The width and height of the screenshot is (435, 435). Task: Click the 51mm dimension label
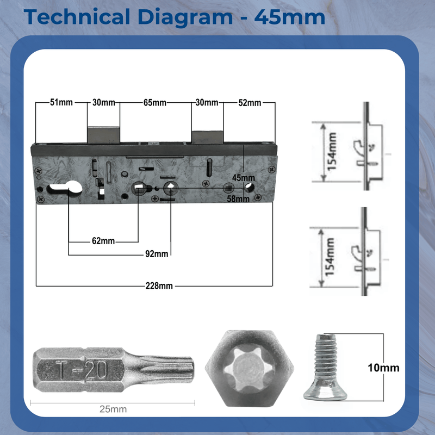click(61, 103)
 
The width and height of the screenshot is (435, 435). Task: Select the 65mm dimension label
click(155, 103)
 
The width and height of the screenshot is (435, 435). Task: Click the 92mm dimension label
click(157, 254)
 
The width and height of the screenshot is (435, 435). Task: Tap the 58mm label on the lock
click(238, 199)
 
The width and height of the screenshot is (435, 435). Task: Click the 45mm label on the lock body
click(243, 178)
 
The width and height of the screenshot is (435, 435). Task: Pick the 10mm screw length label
click(383, 368)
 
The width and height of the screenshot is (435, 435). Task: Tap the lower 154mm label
click(332, 257)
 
